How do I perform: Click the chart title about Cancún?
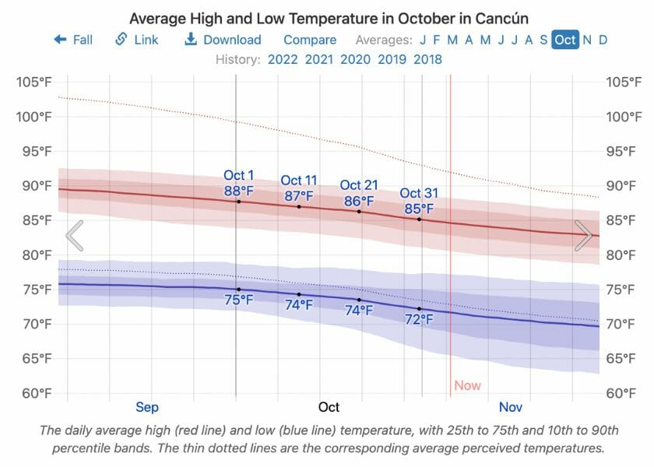[x=329, y=18]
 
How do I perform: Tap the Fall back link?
[x=73, y=40]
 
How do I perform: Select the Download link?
[x=223, y=40]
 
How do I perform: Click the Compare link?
[x=310, y=40]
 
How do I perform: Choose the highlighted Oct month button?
[x=565, y=40]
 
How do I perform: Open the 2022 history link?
[x=283, y=59]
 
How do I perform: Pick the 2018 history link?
[x=427, y=59]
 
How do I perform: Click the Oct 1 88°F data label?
[x=239, y=183]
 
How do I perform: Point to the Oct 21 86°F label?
[x=359, y=192]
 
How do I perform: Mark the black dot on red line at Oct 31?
[x=420, y=219]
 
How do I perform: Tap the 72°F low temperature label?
[x=419, y=319]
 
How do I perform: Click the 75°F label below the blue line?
[x=239, y=300]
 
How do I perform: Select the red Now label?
[x=468, y=385]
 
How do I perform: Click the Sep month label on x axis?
[x=147, y=407]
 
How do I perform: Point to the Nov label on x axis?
[x=511, y=407]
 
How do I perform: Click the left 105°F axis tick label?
[x=33, y=83]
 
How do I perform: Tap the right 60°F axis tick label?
[x=624, y=393]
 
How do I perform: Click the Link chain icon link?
[x=136, y=40]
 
